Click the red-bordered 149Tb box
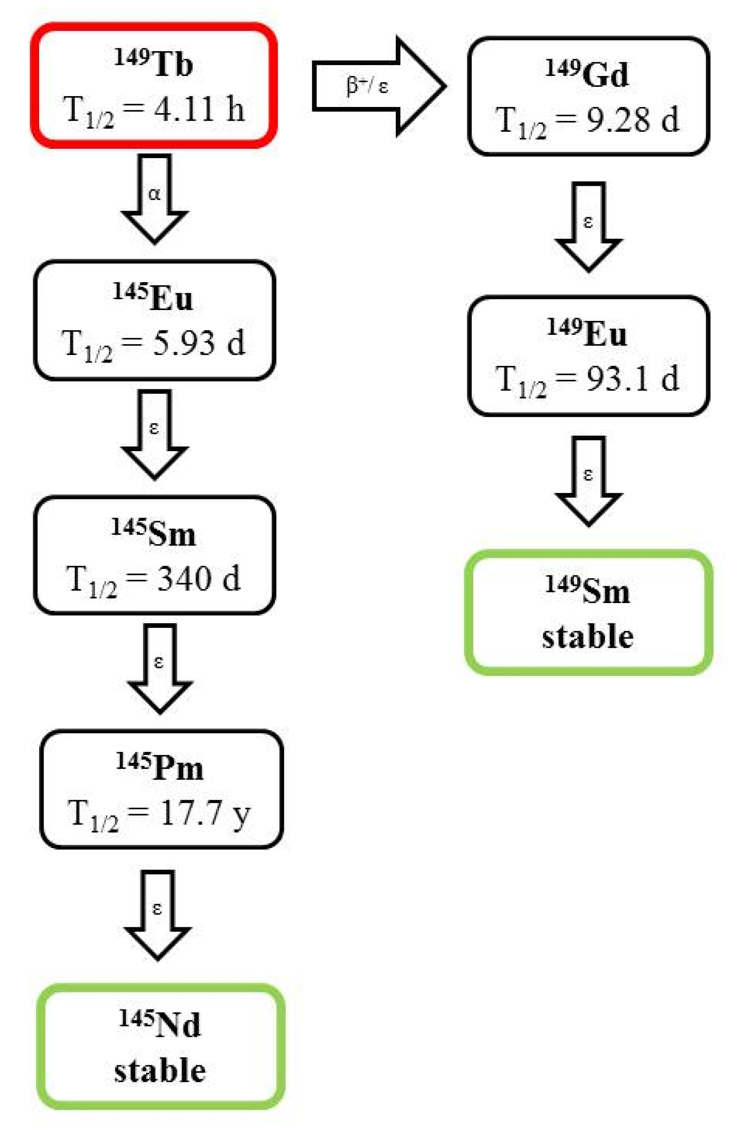click(153, 86)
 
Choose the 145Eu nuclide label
click(153, 297)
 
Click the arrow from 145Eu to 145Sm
click(155, 434)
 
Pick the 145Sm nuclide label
click(153, 534)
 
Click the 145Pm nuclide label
click(160, 767)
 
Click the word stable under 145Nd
click(160, 1071)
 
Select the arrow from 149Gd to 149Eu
click(588, 227)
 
